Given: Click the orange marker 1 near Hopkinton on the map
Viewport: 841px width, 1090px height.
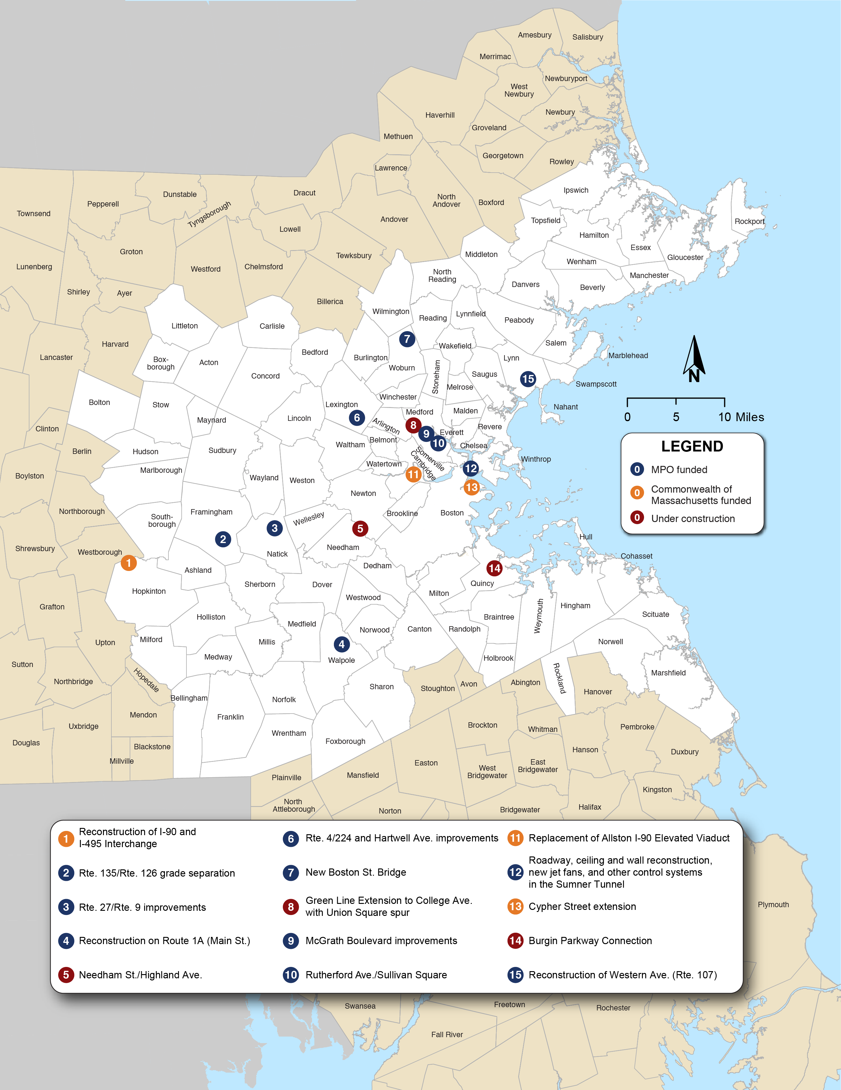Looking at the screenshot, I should [x=128, y=563].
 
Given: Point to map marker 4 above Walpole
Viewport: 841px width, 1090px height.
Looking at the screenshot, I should [x=341, y=644].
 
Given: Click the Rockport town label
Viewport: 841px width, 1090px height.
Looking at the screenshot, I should [x=749, y=222].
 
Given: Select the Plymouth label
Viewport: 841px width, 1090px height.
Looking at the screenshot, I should [x=773, y=905].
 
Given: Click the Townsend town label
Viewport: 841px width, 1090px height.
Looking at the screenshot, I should [x=33, y=214].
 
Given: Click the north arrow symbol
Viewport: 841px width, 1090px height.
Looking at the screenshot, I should [x=694, y=359].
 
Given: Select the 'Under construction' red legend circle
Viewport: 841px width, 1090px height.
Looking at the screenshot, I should [x=637, y=518].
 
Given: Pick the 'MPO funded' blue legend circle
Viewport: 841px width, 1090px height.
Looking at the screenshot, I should [x=637, y=470].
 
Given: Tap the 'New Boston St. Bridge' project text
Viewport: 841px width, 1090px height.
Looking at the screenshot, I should [x=355, y=872].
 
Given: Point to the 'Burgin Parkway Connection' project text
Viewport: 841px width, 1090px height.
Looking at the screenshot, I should [x=590, y=941].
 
